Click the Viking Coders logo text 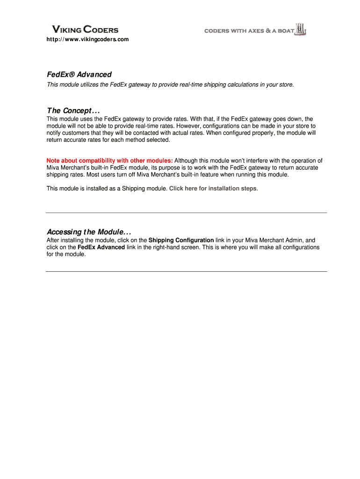pos(84,30)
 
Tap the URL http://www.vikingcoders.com pos(87,39)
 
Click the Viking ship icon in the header pos(302,29)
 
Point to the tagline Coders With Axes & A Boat pos(249,31)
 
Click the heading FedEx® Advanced pos(79,74)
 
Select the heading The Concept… pos(73,110)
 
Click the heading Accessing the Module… pos(89,232)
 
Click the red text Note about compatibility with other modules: pos(109,160)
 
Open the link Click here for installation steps pos(213,189)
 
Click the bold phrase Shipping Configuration pos(181,240)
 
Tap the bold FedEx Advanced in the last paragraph pos(101,247)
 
